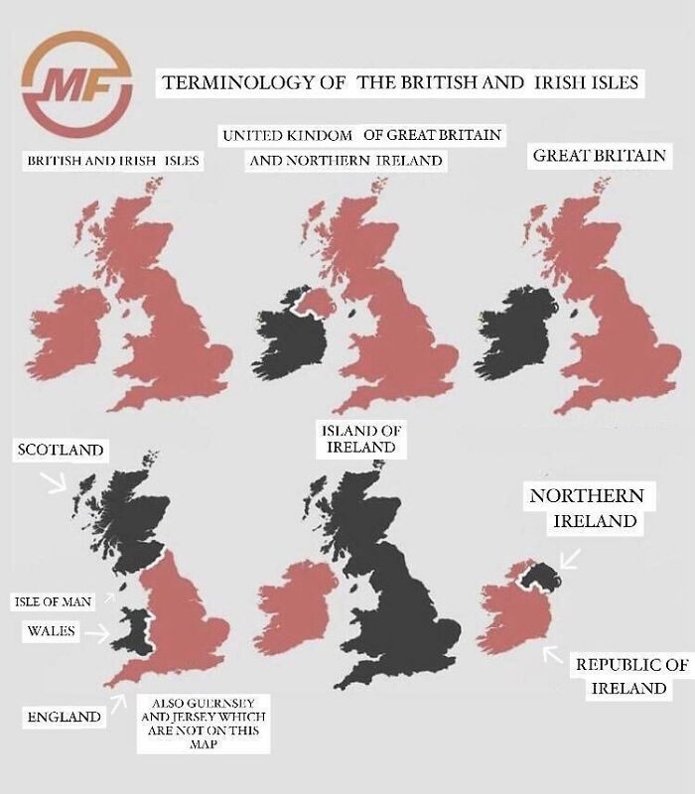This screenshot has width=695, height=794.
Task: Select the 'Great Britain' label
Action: [x=599, y=156]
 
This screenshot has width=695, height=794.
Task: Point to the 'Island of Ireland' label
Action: [x=360, y=439]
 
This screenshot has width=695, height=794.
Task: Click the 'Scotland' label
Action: [x=61, y=450]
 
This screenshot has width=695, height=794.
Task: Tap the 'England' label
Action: [x=64, y=716]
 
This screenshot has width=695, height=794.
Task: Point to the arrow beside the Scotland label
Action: [x=52, y=482]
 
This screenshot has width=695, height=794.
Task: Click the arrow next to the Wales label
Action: [x=96, y=631]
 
